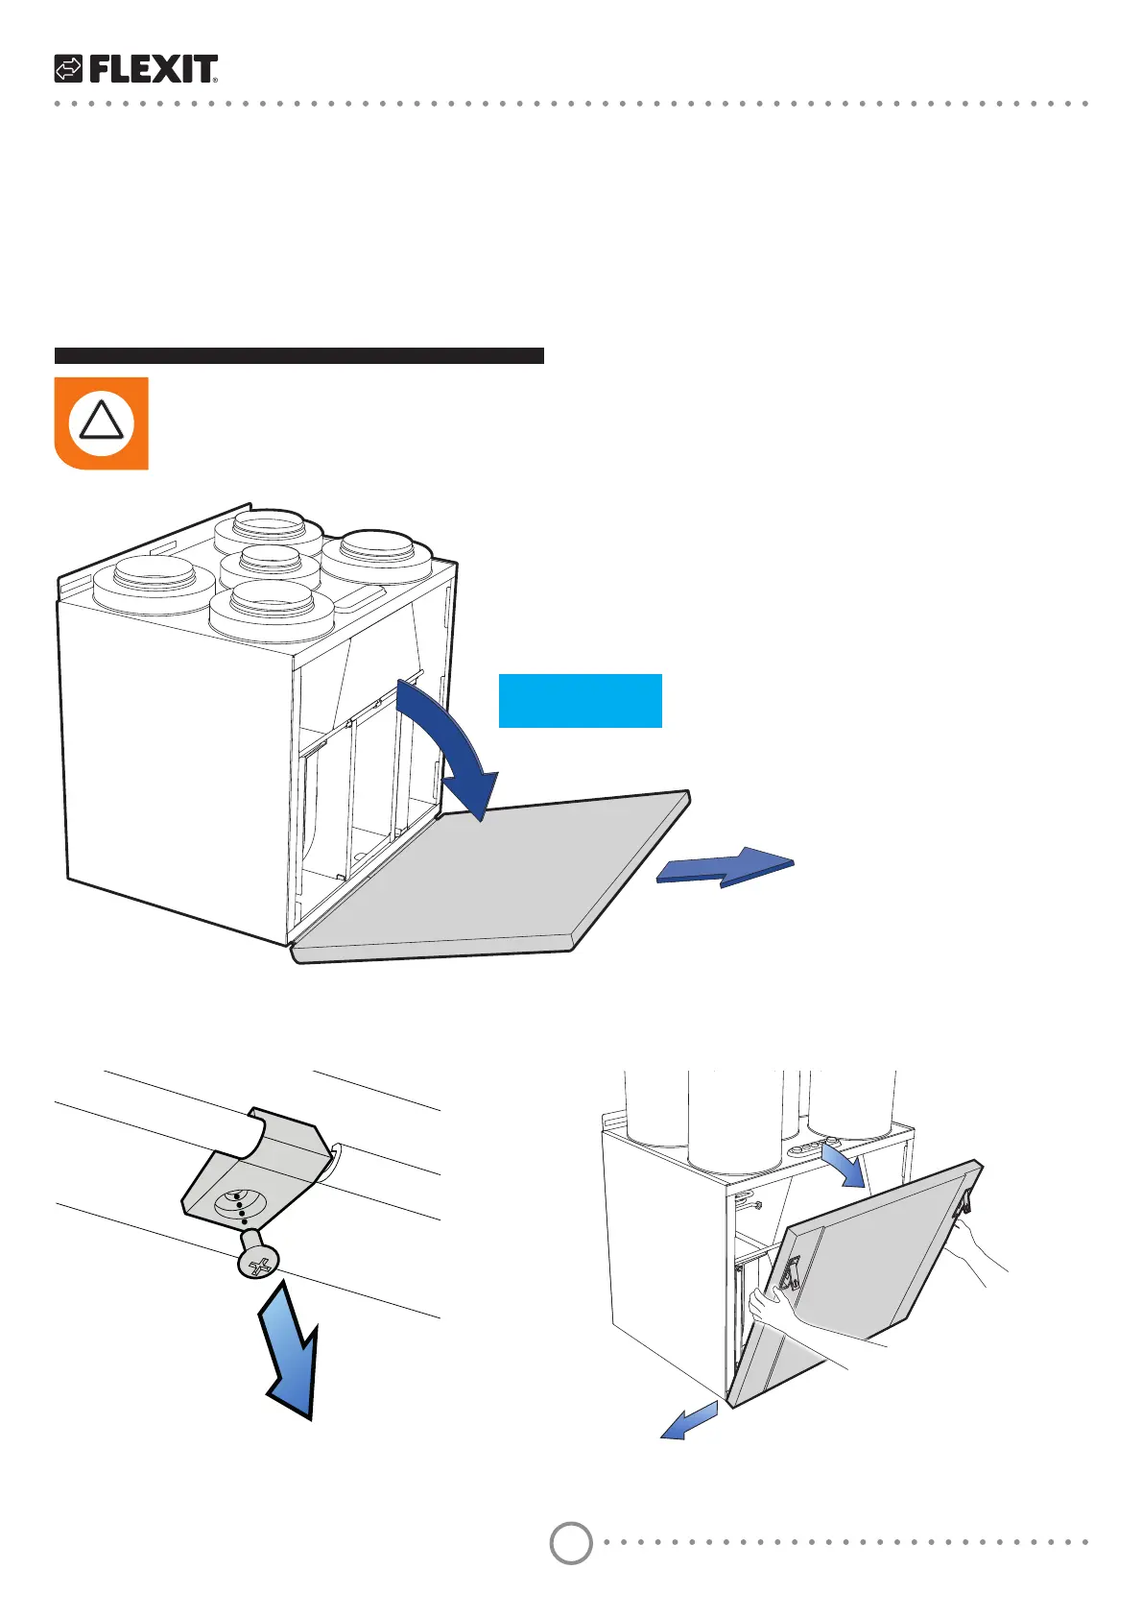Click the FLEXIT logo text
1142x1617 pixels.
154,69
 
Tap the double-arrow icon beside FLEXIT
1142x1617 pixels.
68,69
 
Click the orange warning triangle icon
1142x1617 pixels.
101,422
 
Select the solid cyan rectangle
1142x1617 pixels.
580,700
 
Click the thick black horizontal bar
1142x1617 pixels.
298,355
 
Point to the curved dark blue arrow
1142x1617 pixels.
451,744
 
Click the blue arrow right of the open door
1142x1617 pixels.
726,866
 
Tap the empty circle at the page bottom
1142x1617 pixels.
571,1543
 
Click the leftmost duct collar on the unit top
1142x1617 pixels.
154,582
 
